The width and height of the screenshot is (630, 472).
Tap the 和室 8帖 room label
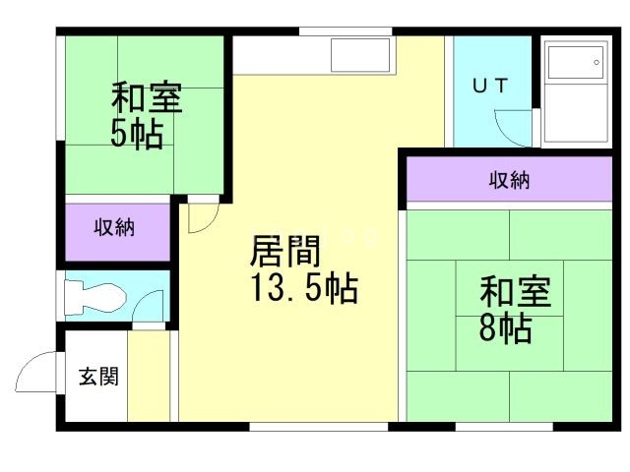[x=515, y=309]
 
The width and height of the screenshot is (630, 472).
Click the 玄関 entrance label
[x=99, y=376]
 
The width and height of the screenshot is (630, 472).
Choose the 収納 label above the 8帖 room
[x=510, y=181]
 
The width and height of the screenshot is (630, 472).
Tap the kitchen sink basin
[x=360, y=54]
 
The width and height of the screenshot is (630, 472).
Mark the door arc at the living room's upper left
[x=201, y=218]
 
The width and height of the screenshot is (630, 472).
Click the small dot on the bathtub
[x=597, y=63]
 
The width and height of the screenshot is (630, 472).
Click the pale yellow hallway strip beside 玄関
[x=151, y=379]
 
